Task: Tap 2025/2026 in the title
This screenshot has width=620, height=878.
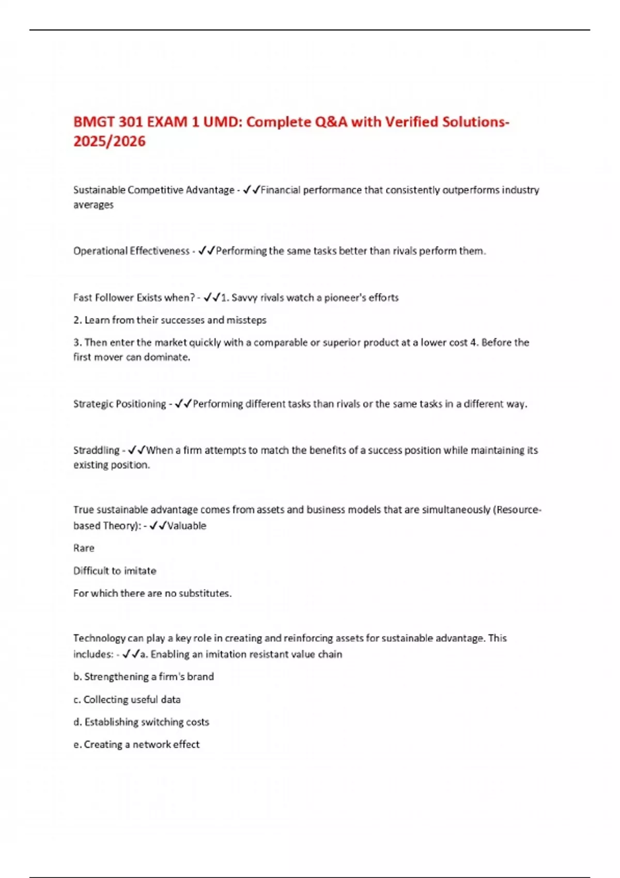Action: (110, 142)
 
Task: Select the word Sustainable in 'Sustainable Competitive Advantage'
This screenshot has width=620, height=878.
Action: (99, 190)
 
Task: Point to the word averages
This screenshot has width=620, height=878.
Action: (93, 205)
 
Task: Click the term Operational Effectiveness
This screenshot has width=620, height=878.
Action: (131, 251)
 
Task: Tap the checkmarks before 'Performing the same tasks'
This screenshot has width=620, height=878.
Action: (207, 251)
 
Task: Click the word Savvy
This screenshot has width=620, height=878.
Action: (244, 297)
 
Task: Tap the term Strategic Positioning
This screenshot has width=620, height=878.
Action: (119, 404)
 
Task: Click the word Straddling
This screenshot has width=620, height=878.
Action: (96, 450)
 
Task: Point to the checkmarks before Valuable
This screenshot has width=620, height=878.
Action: (158, 526)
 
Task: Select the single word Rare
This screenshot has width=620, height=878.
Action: (84, 548)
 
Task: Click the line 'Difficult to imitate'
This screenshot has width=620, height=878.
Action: (115, 571)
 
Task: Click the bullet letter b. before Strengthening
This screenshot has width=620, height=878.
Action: (78, 677)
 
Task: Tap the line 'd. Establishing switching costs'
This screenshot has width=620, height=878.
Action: (141, 722)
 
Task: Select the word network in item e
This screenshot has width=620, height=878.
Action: (151, 745)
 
